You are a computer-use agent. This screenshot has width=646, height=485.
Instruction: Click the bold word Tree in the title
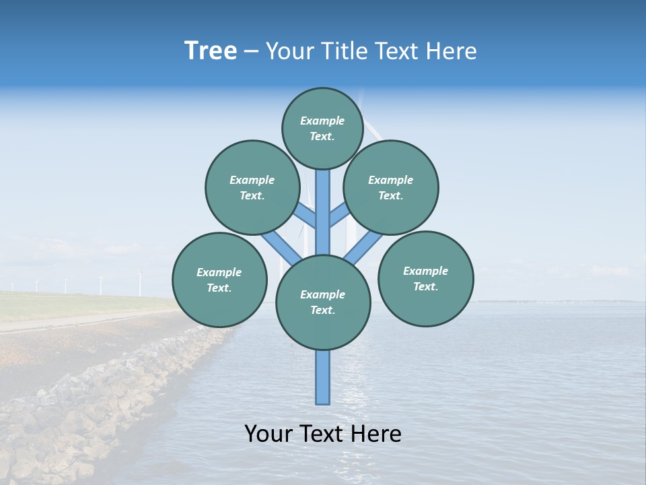click(211, 51)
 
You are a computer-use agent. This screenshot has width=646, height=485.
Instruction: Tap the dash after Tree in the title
click(251, 52)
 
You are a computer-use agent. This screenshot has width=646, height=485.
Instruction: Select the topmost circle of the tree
click(322, 128)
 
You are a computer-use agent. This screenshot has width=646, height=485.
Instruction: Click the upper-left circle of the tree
click(252, 187)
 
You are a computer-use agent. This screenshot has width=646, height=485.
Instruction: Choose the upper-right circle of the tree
click(391, 187)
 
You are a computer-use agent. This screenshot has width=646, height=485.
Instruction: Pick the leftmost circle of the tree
click(219, 280)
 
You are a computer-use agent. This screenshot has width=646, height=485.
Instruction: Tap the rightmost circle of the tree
click(426, 278)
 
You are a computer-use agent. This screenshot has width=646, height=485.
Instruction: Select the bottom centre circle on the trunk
click(323, 302)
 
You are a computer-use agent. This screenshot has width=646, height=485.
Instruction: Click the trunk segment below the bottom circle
click(323, 377)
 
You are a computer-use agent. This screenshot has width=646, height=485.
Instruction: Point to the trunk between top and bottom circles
click(323, 212)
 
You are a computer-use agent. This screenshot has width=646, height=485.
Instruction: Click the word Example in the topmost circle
click(322, 121)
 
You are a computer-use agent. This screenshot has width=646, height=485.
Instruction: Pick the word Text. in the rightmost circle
click(425, 286)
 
